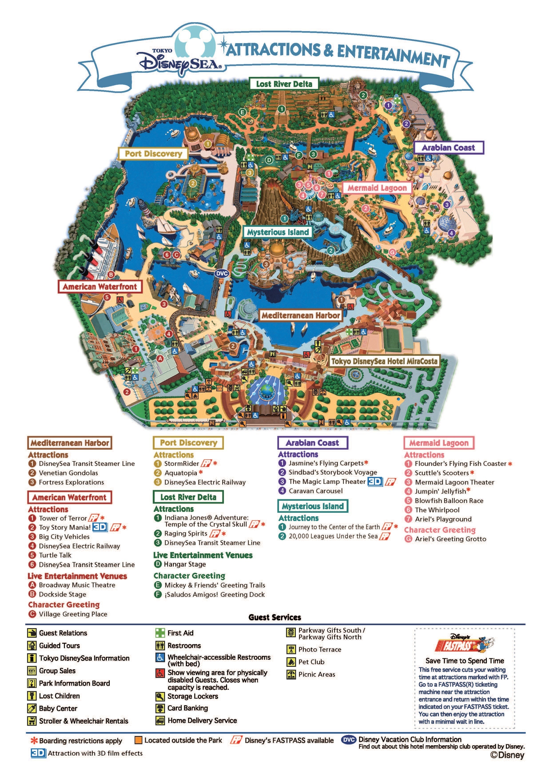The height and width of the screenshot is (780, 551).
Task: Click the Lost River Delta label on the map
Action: pos(284,84)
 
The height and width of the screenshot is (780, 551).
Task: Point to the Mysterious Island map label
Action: pos(278,232)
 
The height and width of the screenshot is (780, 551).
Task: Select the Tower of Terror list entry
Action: pos(63,518)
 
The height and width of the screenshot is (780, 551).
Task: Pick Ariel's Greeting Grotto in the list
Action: pos(450,539)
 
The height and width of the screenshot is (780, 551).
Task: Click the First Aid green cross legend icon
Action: pos(160,633)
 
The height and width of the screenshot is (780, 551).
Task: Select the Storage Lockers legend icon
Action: pos(160,696)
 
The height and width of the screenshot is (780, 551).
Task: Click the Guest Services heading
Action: pos(275,617)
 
